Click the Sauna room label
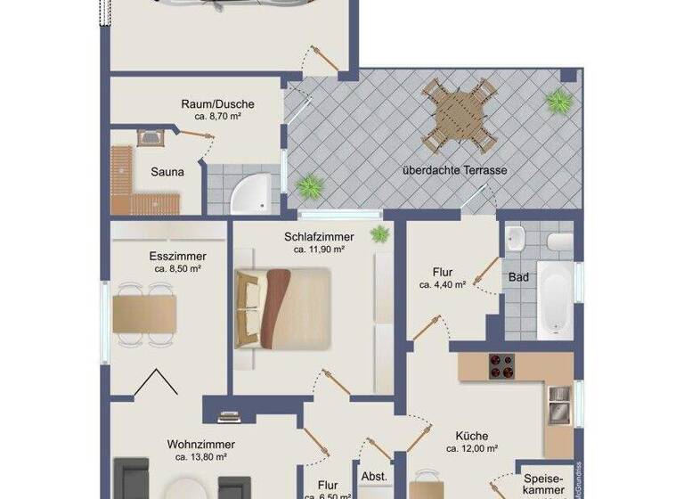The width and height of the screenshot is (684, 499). point(167,173)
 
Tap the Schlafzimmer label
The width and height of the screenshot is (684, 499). point(319,237)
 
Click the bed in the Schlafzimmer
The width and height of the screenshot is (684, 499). point(282,307)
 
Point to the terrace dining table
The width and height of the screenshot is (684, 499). point(459,114)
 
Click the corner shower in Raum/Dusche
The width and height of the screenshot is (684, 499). point(248,196)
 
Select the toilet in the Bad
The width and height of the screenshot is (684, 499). point(558,241)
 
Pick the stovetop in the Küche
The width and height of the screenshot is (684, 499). point(500,365)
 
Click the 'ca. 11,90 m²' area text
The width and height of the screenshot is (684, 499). point(319,250)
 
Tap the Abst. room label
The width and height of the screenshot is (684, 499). point(375,477)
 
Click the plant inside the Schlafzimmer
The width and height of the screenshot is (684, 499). point(380,234)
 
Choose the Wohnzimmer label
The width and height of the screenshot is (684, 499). point(200,444)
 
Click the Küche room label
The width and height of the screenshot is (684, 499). point(471,436)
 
